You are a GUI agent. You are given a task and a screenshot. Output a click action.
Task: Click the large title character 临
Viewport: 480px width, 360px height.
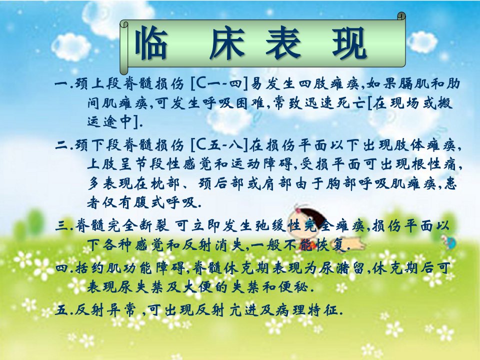click(151, 43)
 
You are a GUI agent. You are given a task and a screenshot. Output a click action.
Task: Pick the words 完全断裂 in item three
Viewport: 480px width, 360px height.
click(138, 225)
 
